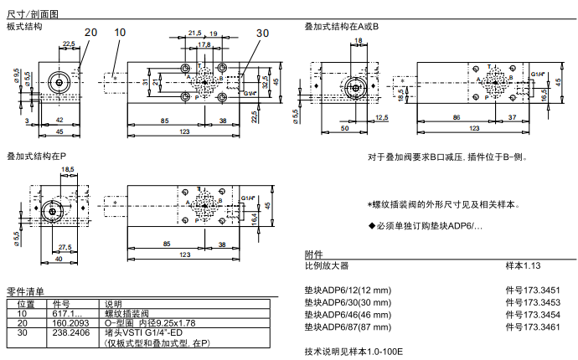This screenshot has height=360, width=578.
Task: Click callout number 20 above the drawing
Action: (x=90, y=32)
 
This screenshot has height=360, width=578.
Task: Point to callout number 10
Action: (x=120, y=32)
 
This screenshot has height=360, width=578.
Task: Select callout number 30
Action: (x=263, y=33)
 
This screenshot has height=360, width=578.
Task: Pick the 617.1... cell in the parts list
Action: (x=67, y=313)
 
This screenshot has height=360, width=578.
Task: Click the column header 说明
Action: (x=113, y=304)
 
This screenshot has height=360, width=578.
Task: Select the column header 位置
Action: (x=27, y=304)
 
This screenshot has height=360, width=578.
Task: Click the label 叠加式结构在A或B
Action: (x=342, y=27)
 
